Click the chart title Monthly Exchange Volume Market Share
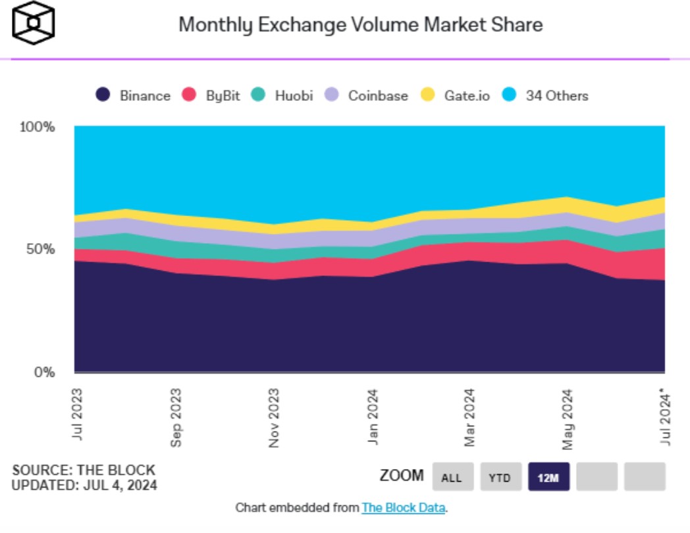pyautogui.click(x=361, y=25)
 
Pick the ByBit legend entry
pyautogui.click(x=211, y=95)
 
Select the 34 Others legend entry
pyautogui.click(x=546, y=95)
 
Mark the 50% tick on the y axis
pyautogui.click(x=40, y=250)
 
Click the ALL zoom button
pyautogui.click(x=452, y=477)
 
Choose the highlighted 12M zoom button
pyautogui.click(x=548, y=477)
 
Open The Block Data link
pyautogui.click(x=404, y=508)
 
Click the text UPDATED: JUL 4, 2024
pyautogui.click(x=84, y=486)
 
